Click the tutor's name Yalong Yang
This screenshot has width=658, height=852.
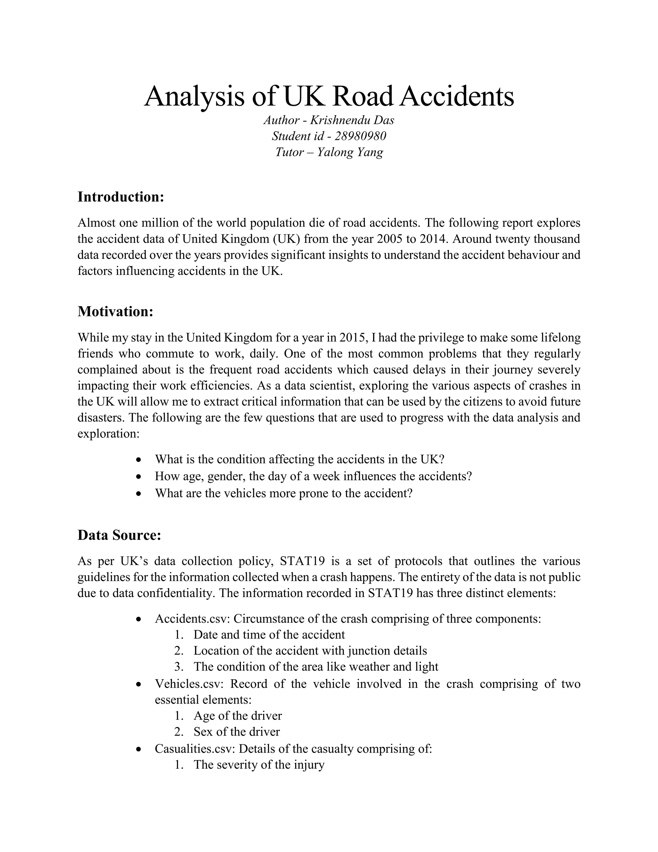pyautogui.click(x=350, y=152)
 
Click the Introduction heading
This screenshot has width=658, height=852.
pyautogui.click(x=121, y=197)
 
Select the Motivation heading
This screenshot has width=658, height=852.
pyautogui.click(x=115, y=311)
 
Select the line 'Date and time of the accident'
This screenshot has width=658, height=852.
pyautogui.click(x=269, y=635)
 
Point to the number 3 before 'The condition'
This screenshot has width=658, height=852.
pyautogui.click(x=179, y=667)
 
